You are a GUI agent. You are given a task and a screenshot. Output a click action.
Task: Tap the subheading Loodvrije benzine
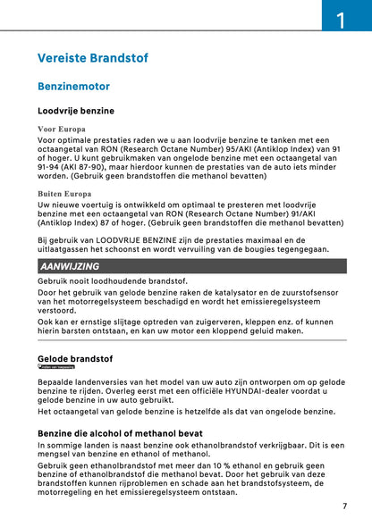[x=75, y=112]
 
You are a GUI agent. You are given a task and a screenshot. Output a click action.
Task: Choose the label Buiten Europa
[x=64, y=193]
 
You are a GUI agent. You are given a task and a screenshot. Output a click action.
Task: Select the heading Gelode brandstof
[x=75, y=358]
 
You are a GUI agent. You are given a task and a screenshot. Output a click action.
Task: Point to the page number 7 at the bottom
[x=344, y=506]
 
